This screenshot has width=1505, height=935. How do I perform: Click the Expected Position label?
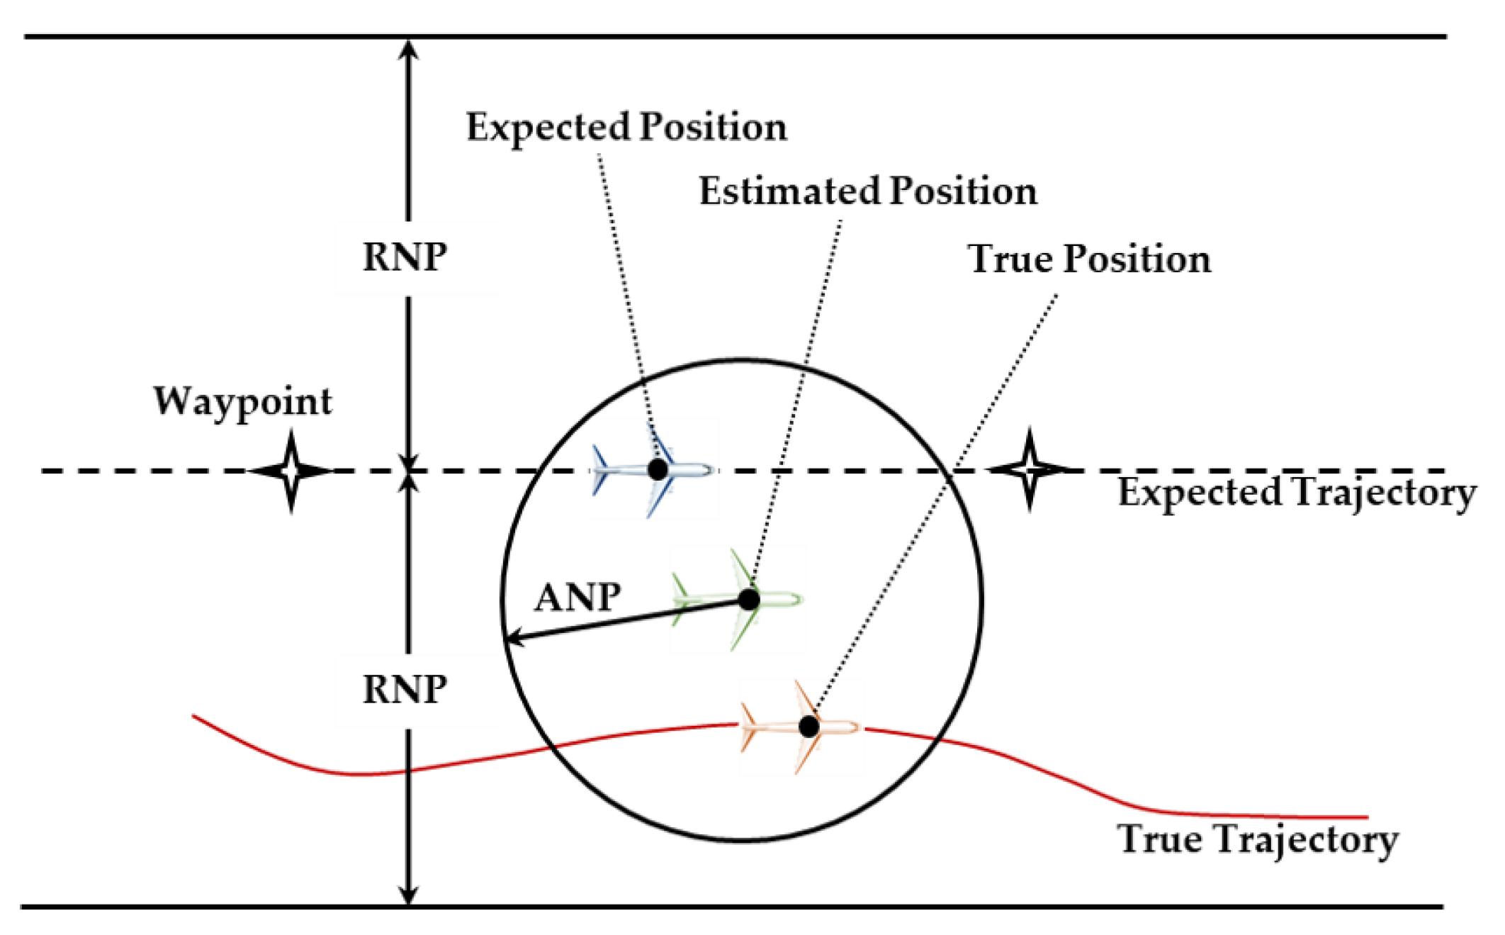pos(626,128)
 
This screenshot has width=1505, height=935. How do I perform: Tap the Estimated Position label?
pos(867,191)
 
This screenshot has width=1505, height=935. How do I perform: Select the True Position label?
pos(1088,259)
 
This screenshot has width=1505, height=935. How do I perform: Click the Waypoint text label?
pos(242,402)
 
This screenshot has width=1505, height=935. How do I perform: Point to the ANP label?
pos(577,597)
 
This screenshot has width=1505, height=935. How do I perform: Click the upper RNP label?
pos(405,257)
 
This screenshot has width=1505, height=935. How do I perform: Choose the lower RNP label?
pos(405,689)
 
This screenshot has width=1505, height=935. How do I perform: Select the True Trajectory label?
pos(1257,839)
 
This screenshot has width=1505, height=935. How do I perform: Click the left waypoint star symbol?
pos(291,470)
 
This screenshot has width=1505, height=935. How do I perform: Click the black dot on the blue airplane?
pos(658,469)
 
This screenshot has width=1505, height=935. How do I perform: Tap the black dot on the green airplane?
pos(749,600)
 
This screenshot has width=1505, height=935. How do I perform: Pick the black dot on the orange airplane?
pos(808,726)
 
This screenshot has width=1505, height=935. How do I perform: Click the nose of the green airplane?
pos(799,600)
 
